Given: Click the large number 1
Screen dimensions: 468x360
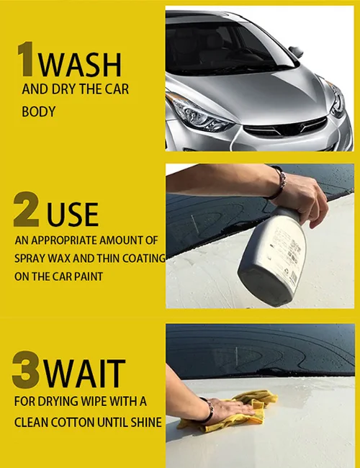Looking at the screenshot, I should click(x=27, y=61).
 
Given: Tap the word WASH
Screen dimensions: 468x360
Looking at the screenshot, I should click(x=80, y=64).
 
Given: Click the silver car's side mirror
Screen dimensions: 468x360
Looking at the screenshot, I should click(x=295, y=52).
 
